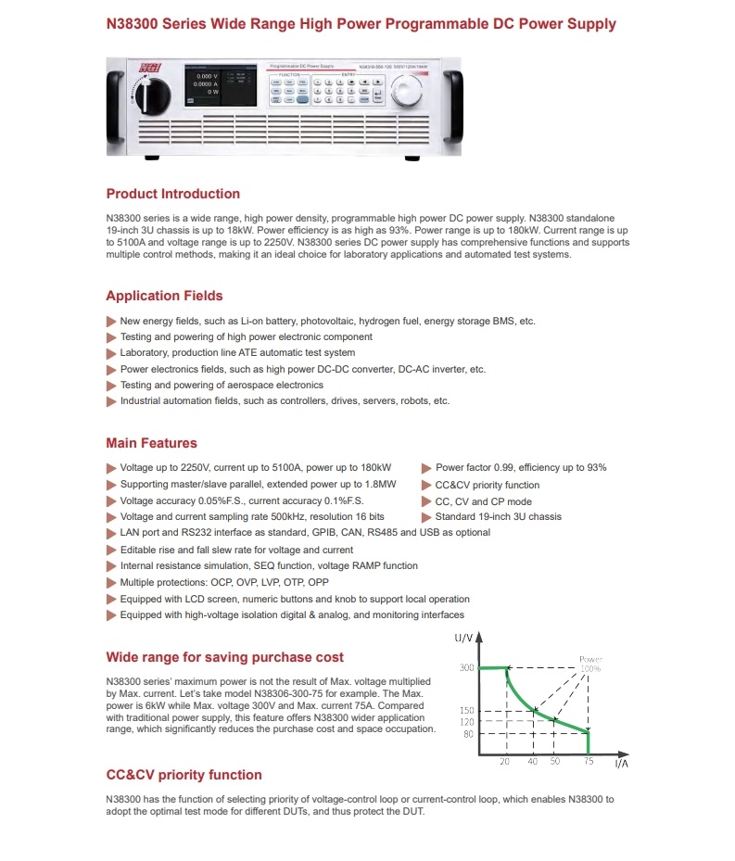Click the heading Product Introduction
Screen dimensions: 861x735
(x=172, y=194)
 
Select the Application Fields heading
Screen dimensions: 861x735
(x=164, y=296)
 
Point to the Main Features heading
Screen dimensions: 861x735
(x=151, y=443)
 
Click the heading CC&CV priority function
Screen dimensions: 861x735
(x=184, y=775)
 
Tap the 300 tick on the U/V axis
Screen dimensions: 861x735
(x=467, y=667)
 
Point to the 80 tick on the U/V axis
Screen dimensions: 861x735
(x=469, y=734)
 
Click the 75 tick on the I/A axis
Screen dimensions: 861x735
(x=589, y=762)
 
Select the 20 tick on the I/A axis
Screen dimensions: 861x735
(x=505, y=762)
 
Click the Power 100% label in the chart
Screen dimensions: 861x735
(x=590, y=664)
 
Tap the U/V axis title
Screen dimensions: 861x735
(x=464, y=639)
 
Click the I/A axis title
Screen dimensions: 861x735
(x=623, y=766)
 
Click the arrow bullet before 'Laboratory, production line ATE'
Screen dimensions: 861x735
(x=112, y=353)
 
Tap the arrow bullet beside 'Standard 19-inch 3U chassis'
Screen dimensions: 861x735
(x=426, y=517)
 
